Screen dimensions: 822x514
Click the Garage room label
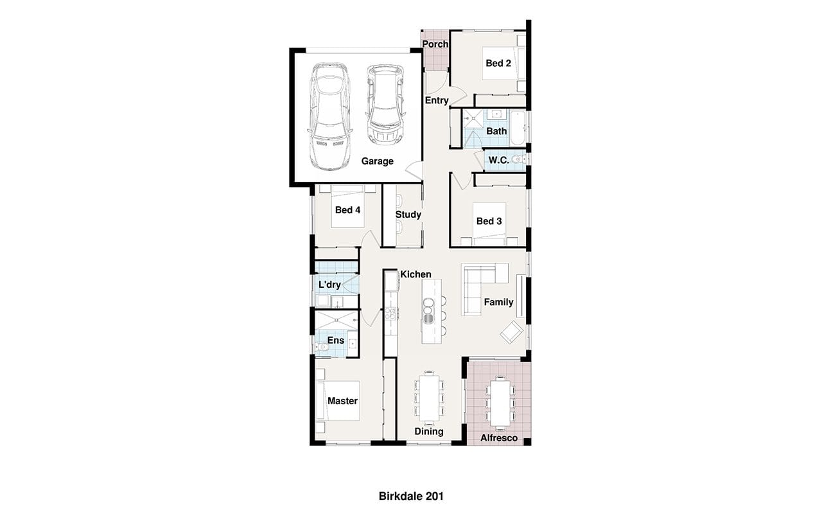[377, 161]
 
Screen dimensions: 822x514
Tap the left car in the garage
[329, 116]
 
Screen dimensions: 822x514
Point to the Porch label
[435, 44]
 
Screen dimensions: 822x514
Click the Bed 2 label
[498, 63]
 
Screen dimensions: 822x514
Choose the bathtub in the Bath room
[518, 128]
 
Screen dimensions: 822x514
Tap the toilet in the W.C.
[518, 159]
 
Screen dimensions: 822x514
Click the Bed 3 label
[489, 221]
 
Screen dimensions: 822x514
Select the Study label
[408, 215]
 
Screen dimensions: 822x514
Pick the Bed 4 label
[348, 210]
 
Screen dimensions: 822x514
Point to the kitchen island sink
[428, 319]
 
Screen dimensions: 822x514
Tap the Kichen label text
[415, 274]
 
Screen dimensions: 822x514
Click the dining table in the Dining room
[430, 399]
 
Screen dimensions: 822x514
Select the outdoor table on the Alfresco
[500, 403]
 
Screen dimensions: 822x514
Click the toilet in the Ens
[322, 347]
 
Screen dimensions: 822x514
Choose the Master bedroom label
[343, 401]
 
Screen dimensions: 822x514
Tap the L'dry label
[329, 285]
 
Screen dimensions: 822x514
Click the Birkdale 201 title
[411, 497]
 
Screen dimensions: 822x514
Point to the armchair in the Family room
[512, 332]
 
